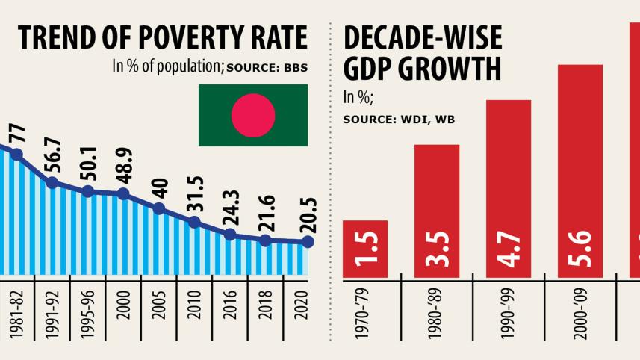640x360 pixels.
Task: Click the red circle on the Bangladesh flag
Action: (252, 115)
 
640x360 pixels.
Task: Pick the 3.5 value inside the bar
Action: (436, 249)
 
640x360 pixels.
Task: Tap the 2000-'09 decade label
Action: (581, 317)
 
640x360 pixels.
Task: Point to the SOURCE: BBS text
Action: (267, 68)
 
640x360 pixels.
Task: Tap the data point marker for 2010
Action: (194, 222)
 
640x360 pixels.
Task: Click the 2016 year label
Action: (230, 316)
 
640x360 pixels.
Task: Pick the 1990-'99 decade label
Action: (509, 317)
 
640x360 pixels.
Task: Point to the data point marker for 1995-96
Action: (87, 191)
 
